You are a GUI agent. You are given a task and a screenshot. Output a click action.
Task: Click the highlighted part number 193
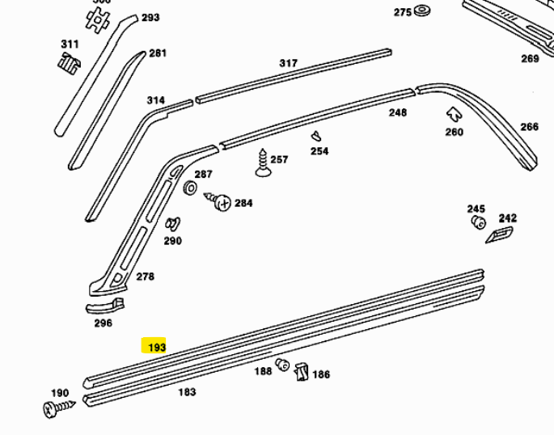pos(155,347)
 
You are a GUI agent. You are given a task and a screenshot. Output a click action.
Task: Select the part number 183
pos(187,392)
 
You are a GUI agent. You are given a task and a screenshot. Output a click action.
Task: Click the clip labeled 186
pos(301,372)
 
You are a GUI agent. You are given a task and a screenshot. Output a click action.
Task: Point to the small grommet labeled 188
pos(283,364)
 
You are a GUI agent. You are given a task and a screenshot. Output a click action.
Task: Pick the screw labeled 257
pos(263,162)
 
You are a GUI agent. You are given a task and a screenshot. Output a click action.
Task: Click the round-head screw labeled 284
pos(220,201)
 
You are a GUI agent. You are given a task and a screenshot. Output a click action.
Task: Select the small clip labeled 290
pos(171,224)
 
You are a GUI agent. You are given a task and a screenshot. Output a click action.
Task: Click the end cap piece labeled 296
pos(105,306)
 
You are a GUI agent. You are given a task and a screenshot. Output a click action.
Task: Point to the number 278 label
pos(145,277)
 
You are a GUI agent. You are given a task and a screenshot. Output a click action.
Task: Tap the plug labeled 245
pos(477,222)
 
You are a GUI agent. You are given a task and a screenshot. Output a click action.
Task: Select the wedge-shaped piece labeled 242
pos(499,235)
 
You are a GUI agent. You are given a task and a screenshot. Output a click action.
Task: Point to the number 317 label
pos(288,63)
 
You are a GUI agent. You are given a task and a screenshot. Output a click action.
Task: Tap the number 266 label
pos(529,126)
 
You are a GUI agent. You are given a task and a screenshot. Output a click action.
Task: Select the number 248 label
pos(397,112)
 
